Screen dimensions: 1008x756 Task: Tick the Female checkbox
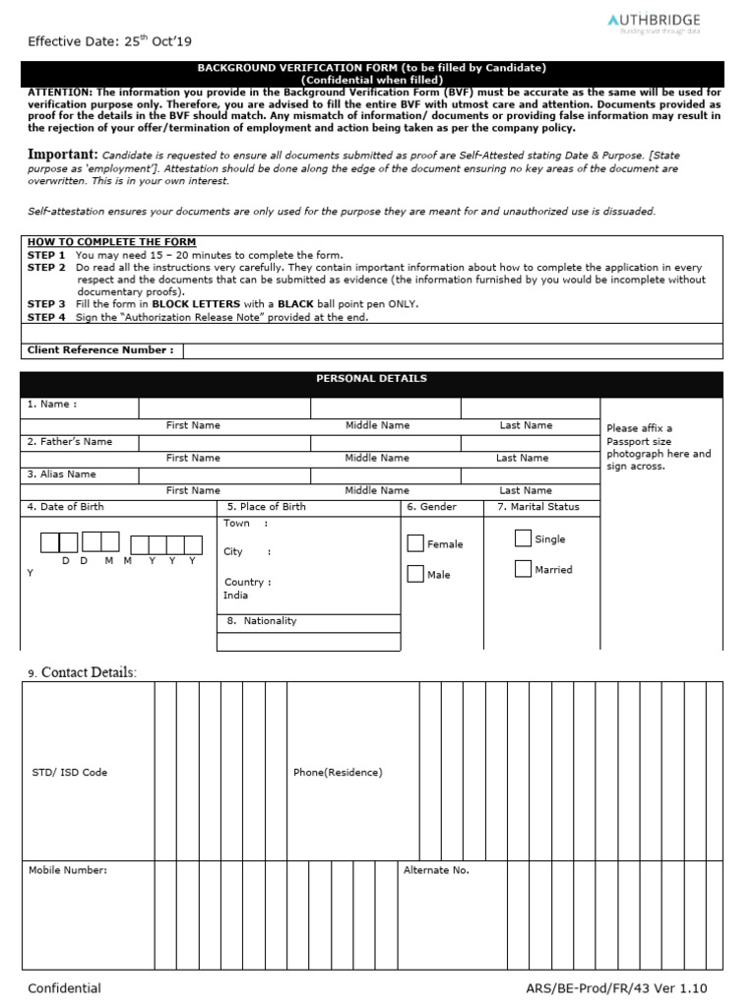415,543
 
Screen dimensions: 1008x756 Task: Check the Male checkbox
415,574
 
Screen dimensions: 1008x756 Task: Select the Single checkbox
523,538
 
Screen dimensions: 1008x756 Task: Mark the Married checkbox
523,569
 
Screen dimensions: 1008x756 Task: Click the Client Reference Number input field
453,350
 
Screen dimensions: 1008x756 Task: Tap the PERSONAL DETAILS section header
371,379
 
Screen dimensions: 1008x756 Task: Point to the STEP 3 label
46,304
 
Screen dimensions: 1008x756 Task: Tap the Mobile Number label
68,870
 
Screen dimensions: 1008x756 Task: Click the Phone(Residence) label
338,773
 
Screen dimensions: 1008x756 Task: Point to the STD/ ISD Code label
70,773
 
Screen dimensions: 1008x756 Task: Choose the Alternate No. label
436,870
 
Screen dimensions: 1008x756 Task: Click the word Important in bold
62,155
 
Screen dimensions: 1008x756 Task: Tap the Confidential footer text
64,988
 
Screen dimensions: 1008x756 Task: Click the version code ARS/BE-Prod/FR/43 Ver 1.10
616,988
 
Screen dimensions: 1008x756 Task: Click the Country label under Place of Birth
247,582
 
